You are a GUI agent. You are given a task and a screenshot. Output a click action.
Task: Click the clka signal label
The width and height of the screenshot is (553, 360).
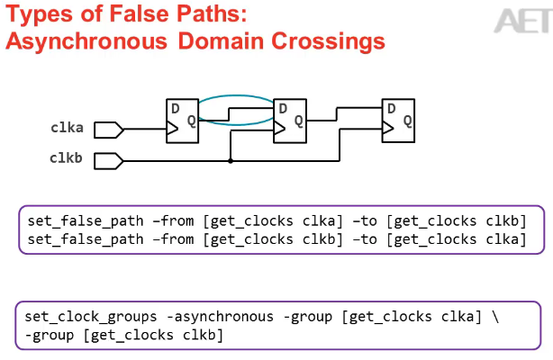click(66, 129)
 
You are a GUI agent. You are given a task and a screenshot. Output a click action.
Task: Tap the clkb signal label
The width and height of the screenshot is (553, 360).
click(66, 159)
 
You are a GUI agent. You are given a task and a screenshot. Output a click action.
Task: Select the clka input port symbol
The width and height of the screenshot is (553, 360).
click(108, 130)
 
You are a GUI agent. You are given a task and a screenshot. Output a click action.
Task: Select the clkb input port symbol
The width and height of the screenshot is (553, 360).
click(108, 161)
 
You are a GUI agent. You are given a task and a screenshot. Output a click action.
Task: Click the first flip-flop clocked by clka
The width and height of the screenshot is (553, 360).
click(184, 121)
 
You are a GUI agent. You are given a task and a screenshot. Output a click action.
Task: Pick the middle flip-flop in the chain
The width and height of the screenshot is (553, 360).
click(290, 121)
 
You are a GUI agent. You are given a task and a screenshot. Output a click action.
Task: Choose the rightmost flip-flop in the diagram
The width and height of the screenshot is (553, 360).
click(397, 121)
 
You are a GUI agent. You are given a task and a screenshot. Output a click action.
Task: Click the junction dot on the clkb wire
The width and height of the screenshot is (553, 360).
click(231, 161)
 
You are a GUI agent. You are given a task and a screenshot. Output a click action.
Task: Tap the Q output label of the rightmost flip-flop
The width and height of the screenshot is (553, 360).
click(407, 120)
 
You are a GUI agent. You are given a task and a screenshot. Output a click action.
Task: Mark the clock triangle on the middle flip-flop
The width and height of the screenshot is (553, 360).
click(278, 130)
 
